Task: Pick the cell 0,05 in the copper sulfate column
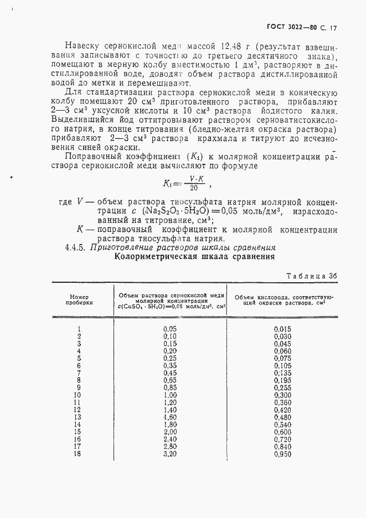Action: [x=169, y=329]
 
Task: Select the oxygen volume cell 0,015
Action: [x=282, y=329]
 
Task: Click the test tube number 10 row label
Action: [x=77, y=395]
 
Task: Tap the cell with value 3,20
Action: [x=169, y=454]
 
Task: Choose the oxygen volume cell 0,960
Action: [x=282, y=454]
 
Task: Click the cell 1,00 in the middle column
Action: [x=169, y=395]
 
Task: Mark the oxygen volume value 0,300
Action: [x=282, y=395]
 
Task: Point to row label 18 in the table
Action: [x=77, y=454]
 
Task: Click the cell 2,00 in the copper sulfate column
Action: [x=169, y=432]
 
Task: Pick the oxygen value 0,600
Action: [x=282, y=432]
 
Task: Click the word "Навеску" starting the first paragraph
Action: [x=82, y=45]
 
